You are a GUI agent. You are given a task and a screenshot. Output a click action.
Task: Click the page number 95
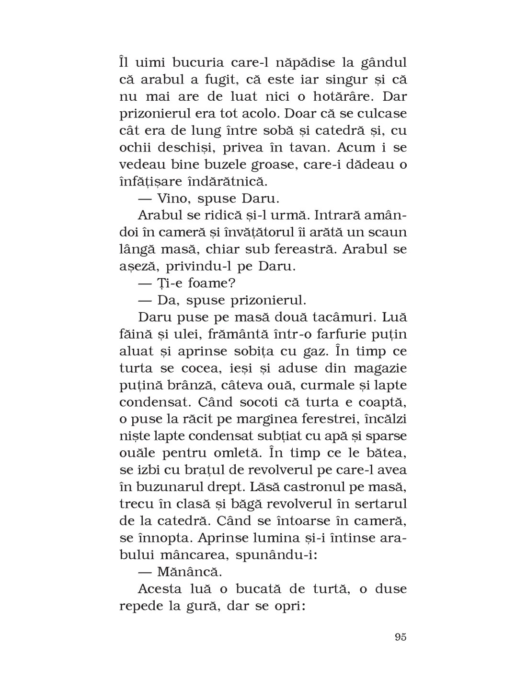coord(401,637)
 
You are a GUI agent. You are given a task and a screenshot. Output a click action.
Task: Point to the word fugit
coord(207,80)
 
